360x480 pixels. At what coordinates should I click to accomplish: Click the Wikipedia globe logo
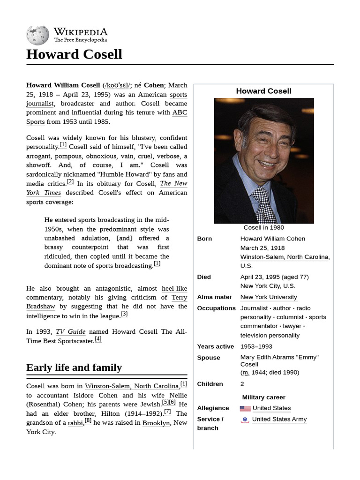tap(37, 36)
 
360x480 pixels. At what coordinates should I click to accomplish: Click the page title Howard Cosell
tap(74, 54)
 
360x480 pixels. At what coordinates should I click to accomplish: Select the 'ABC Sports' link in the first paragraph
tap(180, 112)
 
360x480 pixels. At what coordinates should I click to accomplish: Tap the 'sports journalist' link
tap(178, 95)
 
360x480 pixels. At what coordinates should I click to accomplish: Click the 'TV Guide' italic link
tap(70, 332)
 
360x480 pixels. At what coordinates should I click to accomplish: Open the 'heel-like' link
tap(174, 289)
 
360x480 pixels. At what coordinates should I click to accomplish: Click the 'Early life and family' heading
tap(74, 367)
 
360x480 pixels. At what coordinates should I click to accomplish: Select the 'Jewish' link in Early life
tap(150, 404)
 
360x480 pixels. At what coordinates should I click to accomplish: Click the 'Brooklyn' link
tap(156, 423)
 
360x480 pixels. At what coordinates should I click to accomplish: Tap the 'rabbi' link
tap(75, 423)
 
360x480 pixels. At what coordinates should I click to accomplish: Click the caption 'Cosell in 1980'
tap(263, 228)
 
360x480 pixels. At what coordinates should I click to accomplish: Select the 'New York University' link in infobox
tap(269, 297)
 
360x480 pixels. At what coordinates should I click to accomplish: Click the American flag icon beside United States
tap(245, 408)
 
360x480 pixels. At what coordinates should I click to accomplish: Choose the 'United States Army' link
tap(279, 420)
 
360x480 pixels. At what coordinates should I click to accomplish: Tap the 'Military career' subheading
tap(263, 397)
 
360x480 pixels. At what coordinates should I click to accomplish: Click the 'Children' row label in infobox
tap(210, 384)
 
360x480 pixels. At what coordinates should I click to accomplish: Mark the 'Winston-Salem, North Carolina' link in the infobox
tap(285, 257)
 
